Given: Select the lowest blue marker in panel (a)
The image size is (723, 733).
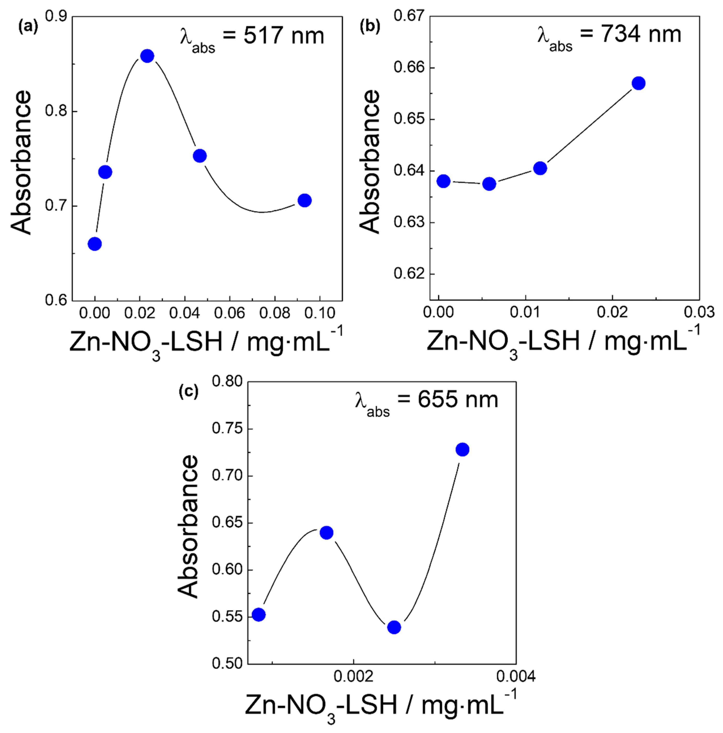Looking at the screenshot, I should (95, 244).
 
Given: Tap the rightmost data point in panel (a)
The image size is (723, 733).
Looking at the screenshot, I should (304, 200).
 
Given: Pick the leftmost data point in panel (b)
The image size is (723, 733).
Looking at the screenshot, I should (443, 181).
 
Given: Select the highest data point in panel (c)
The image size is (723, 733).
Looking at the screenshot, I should (462, 450).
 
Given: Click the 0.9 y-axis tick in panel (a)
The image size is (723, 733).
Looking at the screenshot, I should (56, 16).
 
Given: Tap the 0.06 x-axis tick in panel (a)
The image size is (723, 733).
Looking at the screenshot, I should (229, 313).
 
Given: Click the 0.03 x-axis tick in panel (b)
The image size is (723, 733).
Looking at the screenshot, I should (699, 312).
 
